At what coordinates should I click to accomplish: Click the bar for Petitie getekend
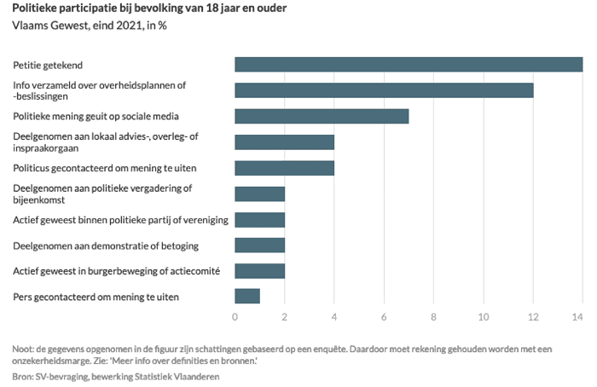coord(408,65)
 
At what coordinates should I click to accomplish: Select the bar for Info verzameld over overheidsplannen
coord(384,90)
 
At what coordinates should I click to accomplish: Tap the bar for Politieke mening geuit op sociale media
coord(322,116)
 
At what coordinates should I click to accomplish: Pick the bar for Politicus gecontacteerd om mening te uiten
coord(284,168)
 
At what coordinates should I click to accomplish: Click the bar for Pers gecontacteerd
coord(246,297)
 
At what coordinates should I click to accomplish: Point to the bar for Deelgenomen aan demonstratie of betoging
coord(259,245)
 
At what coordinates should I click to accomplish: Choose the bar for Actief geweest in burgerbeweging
coord(259,271)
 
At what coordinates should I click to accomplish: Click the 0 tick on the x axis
coord(235,318)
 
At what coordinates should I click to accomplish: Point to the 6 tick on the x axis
coord(384,318)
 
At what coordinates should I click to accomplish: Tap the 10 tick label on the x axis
coord(483,318)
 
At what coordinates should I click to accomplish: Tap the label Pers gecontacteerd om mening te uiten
coord(96,297)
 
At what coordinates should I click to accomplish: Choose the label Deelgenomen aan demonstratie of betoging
coord(106,245)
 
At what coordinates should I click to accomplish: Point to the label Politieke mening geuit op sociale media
coord(96,117)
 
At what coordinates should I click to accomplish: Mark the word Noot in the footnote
coord(24,348)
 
